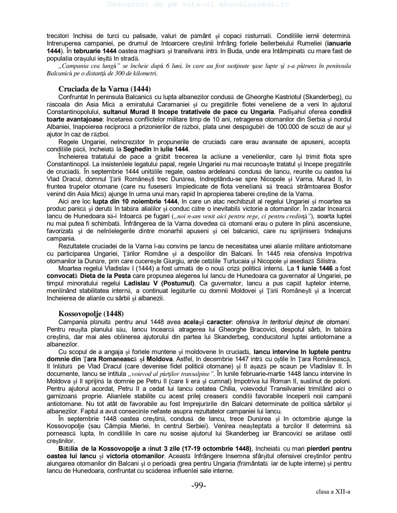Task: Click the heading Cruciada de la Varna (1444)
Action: click(x=104, y=89)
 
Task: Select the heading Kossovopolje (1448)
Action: click(x=91, y=314)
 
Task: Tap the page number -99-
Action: click(x=198, y=485)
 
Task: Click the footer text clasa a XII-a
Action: click(x=333, y=491)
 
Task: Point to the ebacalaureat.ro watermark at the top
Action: click(x=198, y=4)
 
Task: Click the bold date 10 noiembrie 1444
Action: click(x=135, y=201)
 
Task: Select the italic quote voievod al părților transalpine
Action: click(x=171, y=374)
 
